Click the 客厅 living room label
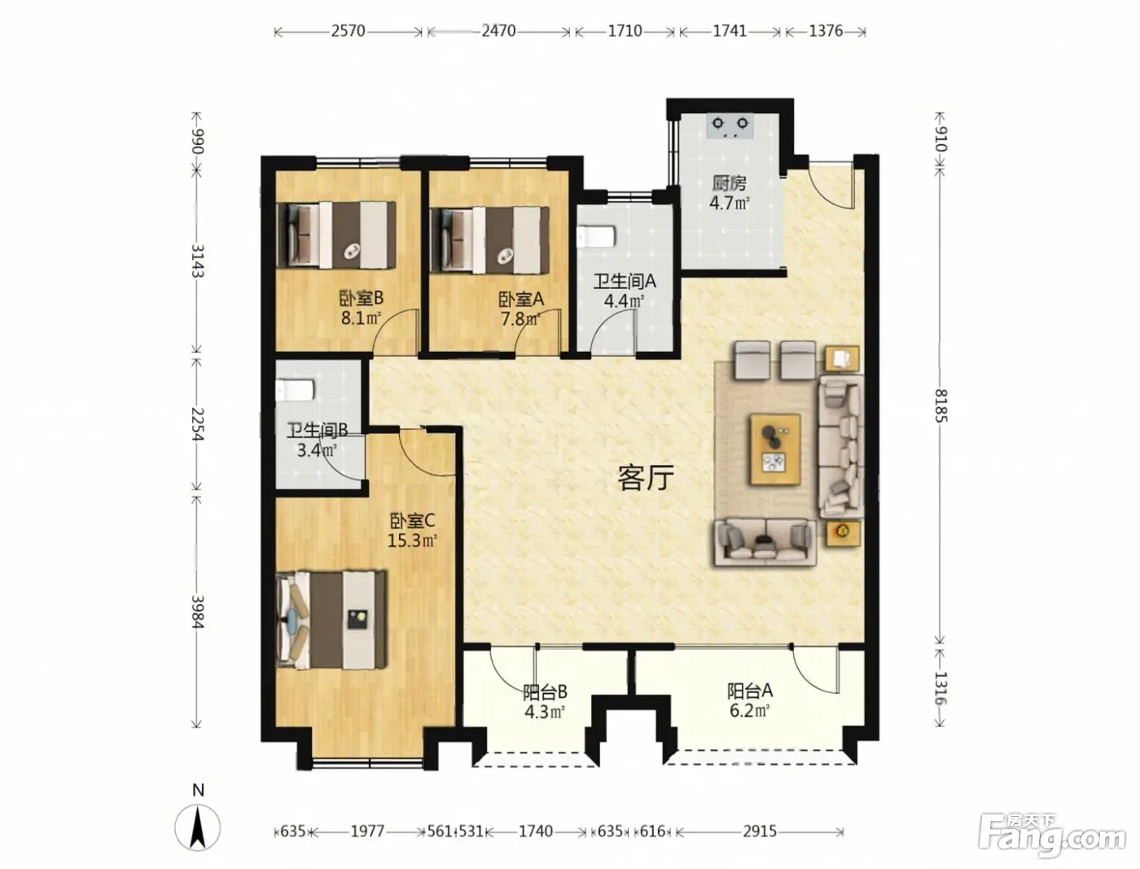click(646, 478)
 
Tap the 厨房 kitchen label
click(729, 183)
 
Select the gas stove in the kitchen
click(730, 126)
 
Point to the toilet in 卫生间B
click(295, 391)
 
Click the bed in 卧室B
click(337, 235)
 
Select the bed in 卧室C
click(332, 620)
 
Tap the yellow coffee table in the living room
click(774, 450)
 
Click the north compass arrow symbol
click(197, 827)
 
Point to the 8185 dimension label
click(940, 406)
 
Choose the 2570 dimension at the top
click(348, 31)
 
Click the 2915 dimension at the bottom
click(759, 832)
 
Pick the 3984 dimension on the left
click(197, 612)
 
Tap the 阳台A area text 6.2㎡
click(749, 710)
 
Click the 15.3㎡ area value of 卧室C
click(412, 541)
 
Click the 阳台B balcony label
click(545, 692)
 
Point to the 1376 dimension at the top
click(826, 31)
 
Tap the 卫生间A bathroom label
click(625, 282)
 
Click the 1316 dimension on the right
click(940, 688)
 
